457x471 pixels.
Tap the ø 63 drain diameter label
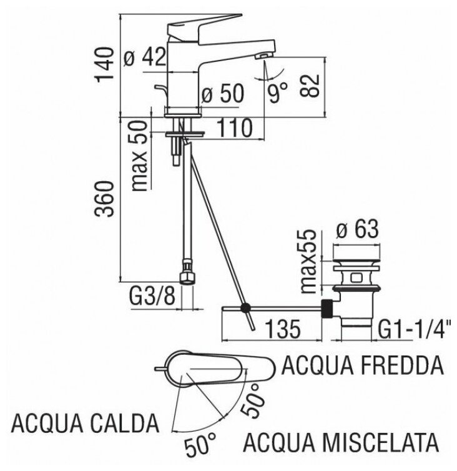(358, 231)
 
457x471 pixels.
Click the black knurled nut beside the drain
(325, 307)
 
